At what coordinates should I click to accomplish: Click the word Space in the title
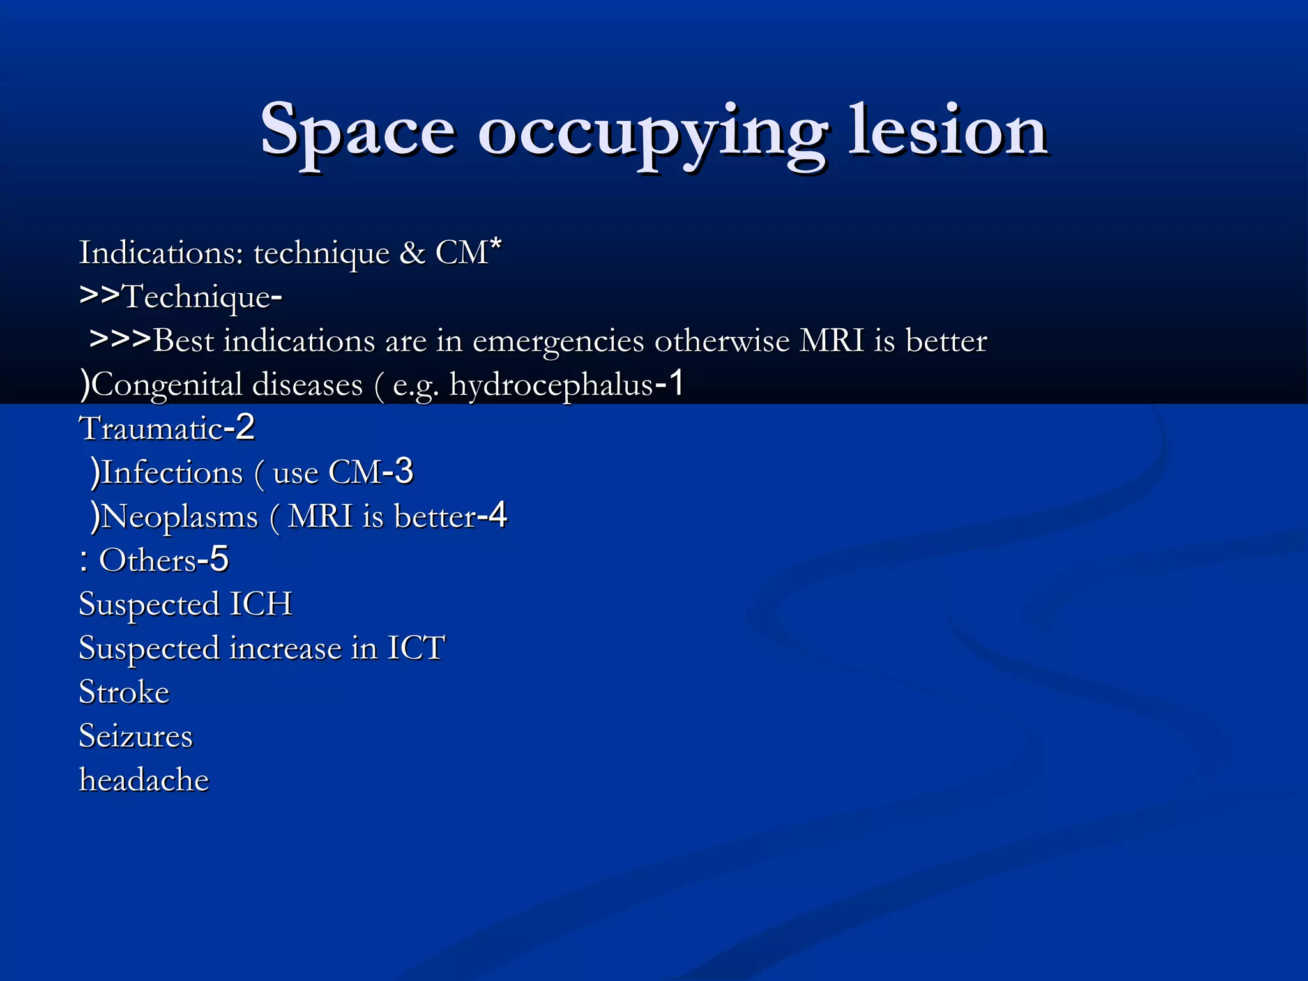coord(358,131)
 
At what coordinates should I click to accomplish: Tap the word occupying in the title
coord(651,134)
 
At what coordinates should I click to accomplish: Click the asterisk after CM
coord(496,245)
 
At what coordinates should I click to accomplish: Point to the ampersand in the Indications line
coord(412,253)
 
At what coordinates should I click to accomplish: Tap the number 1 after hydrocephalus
coord(676,383)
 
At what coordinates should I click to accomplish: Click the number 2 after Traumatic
coord(245,427)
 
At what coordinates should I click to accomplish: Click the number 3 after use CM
coord(404,471)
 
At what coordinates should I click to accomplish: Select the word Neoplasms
coord(179,517)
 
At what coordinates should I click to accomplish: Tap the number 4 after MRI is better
coord(497,515)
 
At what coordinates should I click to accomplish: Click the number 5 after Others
coord(219,559)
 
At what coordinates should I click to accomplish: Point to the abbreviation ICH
coord(261,604)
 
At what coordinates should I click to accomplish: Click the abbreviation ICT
coord(416,648)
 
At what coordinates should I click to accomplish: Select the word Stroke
coord(124,692)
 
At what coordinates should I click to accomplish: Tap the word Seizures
coord(135,736)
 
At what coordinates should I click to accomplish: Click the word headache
coord(144,780)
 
